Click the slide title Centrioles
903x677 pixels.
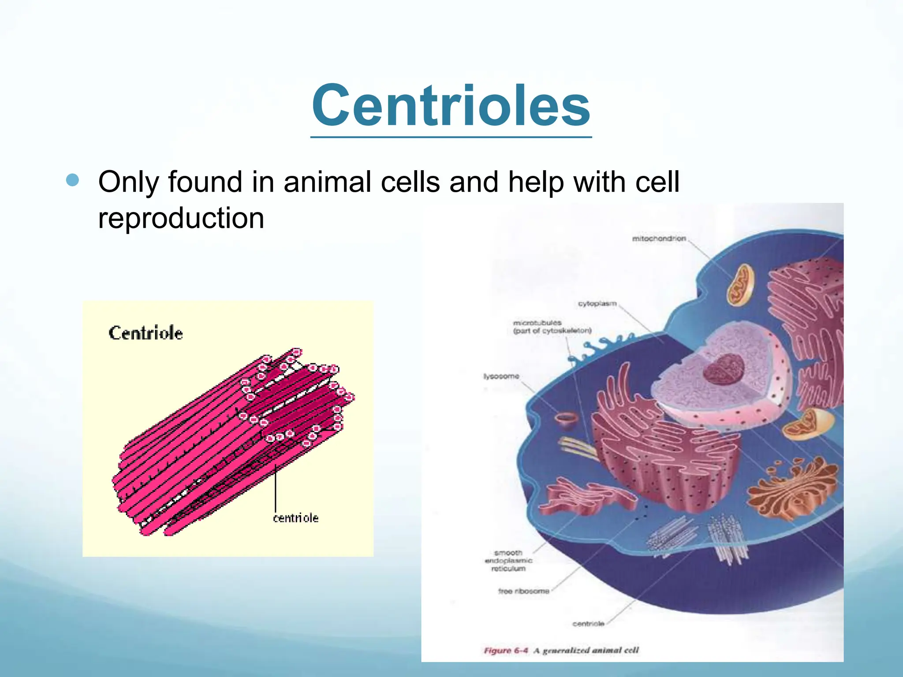[x=451, y=106]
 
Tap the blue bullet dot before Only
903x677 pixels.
[x=73, y=180]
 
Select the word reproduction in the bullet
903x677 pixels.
[x=181, y=218]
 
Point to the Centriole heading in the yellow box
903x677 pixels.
[x=146, y=333]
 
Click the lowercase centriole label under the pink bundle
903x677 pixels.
[x=295, y=518]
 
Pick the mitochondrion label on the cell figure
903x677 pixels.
[x=659, y=238]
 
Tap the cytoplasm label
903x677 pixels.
[x=597, y=304]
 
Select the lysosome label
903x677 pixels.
[x=501, y=376]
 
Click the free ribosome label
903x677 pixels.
[x=524, y=591]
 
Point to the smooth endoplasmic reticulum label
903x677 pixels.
[x=508, y=561]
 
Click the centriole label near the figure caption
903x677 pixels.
[x=588, y=624]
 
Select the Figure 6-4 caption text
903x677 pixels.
[x=561, y=651]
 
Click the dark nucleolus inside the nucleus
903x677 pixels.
[x=723, y=368]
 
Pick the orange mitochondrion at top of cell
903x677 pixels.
[x=740, y=285]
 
